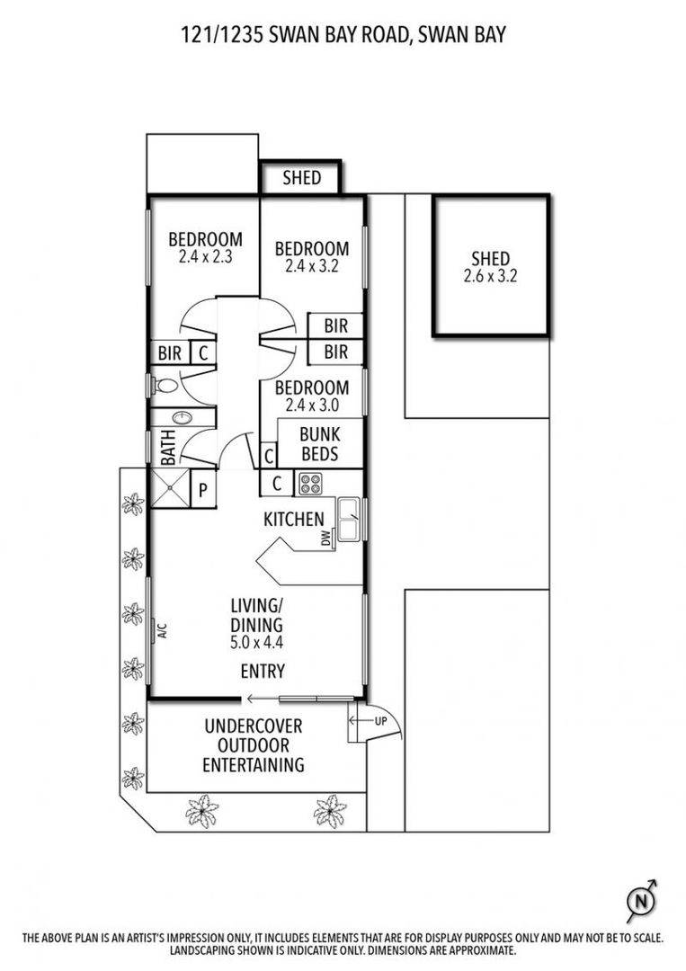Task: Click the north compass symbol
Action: coord(641,900)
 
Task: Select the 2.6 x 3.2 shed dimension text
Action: coord(490,277)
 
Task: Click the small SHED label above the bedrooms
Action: coord(302,177)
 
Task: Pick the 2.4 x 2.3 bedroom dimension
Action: coord(205,255)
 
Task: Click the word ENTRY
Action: coord(263,671)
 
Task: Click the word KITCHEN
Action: coord(293,519)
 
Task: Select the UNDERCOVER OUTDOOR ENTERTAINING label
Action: coord(253,745)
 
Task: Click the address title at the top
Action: coord(343,34)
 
